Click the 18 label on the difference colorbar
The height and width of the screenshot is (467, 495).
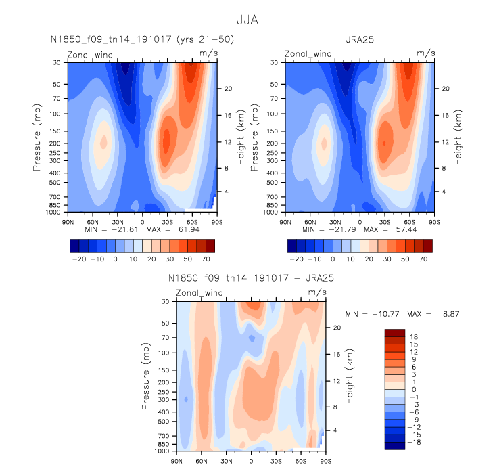[412, 336]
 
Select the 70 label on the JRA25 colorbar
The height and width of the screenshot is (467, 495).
[424, 259]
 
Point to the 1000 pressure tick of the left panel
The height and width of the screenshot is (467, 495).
[53, 213]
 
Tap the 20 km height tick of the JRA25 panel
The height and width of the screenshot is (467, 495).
[442, 89]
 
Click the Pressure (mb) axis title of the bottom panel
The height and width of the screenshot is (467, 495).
[146, 376]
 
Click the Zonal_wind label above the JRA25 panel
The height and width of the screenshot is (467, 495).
[307, 53]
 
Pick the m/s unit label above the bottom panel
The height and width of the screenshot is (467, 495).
[316, 292]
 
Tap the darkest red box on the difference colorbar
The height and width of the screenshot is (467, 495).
[394, 332]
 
